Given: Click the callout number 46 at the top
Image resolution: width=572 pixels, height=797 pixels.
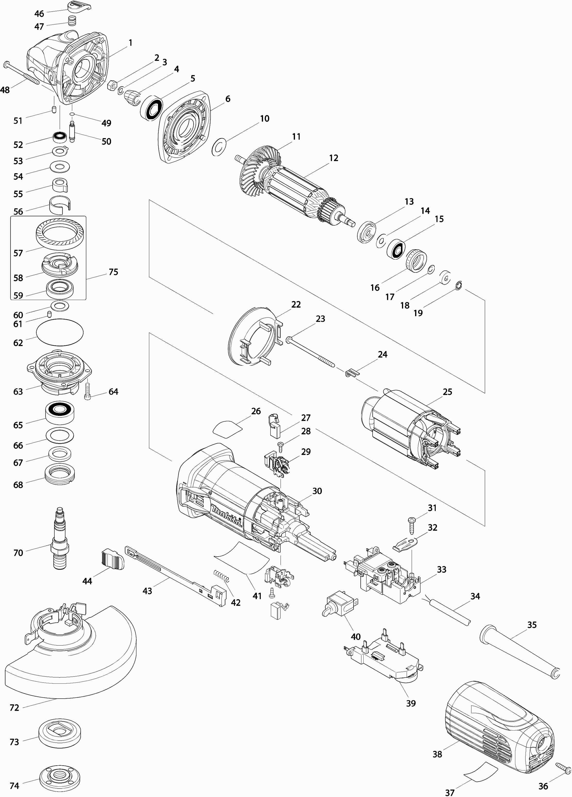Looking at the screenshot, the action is click(x=39, y=14).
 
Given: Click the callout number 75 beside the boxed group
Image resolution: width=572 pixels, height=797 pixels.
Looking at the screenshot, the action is click(x=113, y=272).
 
